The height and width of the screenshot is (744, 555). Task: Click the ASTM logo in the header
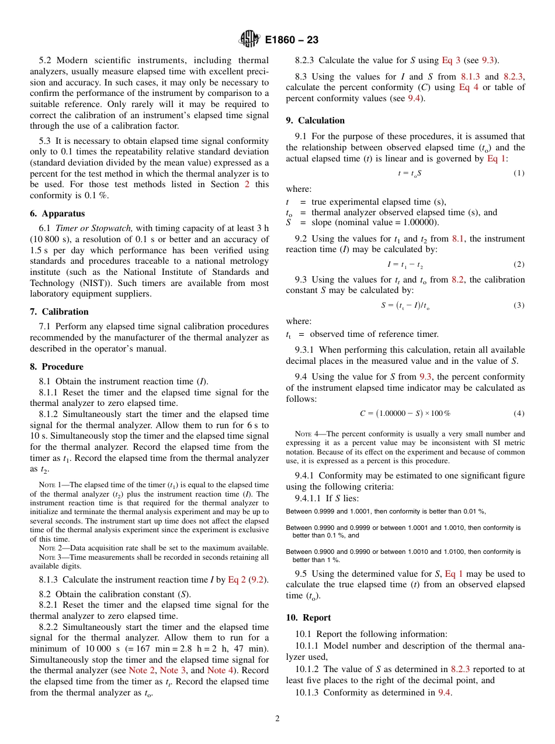pyautogui.click(x=250, y=40)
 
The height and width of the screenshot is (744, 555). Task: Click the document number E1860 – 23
pyautogui.click(x=292, y=40)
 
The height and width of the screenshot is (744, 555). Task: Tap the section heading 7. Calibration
pyautogui.click(x=59, y=312)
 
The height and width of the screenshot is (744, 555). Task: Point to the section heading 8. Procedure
pyautogui.click(x=57, y=367)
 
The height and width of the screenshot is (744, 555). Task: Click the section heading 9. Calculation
pyautogui.click(x=315, y=120)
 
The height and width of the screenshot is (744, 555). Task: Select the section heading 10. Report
pyautogui.click(x=308, y=618)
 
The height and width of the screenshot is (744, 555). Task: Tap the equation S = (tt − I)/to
pyautogui.click(x=407, y=306)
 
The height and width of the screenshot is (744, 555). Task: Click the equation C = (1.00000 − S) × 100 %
pyautogui.click(x=405, y=414)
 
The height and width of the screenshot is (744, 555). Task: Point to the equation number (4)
pyautogui.click(x=519, y=414)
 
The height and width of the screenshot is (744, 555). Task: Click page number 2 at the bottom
pyautogui.click(x=277, y=719)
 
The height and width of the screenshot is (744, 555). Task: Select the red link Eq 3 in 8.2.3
pyautogui.click(x=451, y=60)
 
